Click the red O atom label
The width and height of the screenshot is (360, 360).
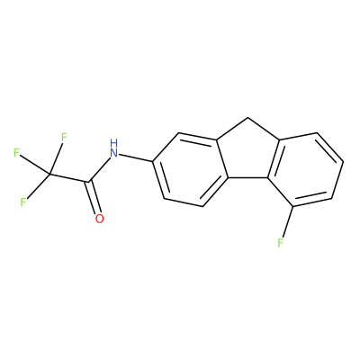click(99, 219)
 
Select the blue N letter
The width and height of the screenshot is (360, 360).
click(113, 153)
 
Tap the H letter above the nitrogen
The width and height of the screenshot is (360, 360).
click(113, 142)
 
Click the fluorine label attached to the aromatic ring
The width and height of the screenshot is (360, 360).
click(281, 242)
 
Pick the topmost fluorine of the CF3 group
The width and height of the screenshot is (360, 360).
click(64, 138)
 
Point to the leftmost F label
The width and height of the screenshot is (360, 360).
click(16, 153)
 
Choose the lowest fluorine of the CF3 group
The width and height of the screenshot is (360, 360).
click(23, 202)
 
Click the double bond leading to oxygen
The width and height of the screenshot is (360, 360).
click(94, 197)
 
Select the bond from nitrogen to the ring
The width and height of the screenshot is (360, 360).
click(136, 158)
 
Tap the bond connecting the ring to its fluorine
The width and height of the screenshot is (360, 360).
click(287, 221)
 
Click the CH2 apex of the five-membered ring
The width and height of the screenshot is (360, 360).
click(248, 118)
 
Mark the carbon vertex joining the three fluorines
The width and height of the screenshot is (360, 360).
click(49, 174)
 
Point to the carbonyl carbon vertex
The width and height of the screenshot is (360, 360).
click(89, 182)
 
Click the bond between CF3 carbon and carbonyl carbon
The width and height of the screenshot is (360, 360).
click(69, 177)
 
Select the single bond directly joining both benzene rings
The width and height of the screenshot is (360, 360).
click(248, 178)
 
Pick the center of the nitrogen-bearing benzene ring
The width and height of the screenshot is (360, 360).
click(190, 169)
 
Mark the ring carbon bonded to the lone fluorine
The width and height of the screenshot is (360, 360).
click(292, 206)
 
